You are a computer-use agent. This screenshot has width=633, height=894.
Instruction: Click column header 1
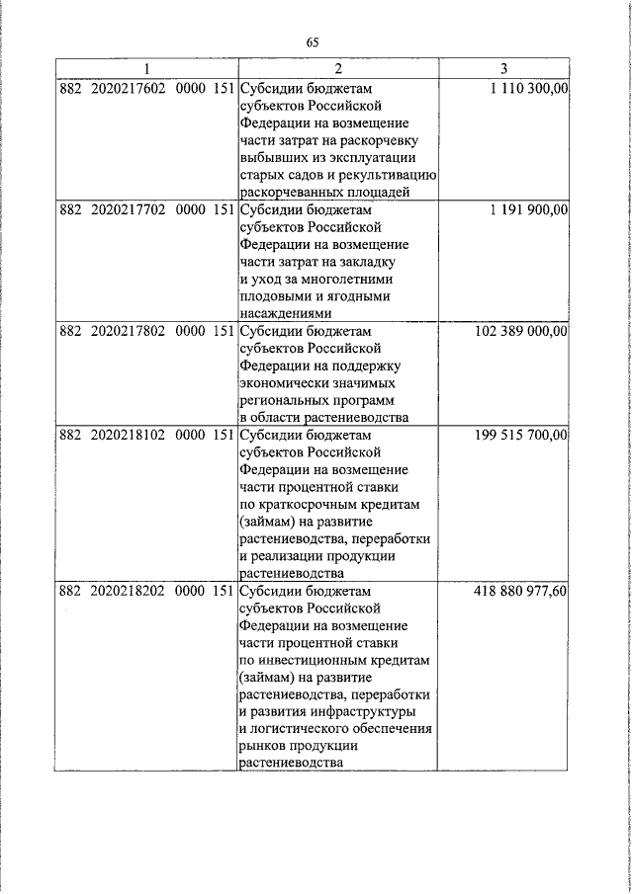[x=146, y=69]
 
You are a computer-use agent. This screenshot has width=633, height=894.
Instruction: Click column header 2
[x=338, y=69]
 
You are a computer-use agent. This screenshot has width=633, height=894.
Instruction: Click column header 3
[x=503, y=69]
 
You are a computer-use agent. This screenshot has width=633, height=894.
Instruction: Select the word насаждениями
[x=288, y=313]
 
